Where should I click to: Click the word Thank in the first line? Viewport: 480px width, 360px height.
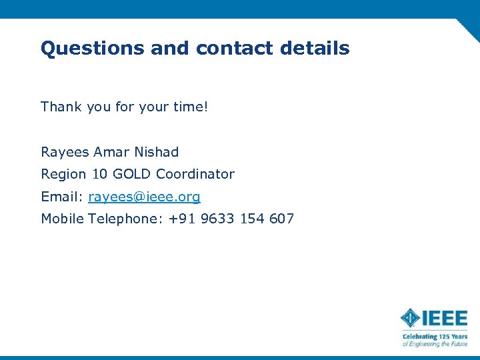(61, 107)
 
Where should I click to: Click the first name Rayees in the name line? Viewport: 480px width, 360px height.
(65, 152)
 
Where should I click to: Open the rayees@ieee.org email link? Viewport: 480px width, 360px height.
(144, 197)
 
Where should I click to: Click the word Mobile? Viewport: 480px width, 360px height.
(63, 219)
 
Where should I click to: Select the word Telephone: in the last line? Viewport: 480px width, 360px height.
(126, 219)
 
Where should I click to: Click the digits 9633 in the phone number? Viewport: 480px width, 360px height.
(217, 219)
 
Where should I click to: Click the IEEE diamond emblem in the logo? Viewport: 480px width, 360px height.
(410, 317)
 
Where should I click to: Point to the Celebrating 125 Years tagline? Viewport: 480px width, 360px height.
(435, 337)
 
